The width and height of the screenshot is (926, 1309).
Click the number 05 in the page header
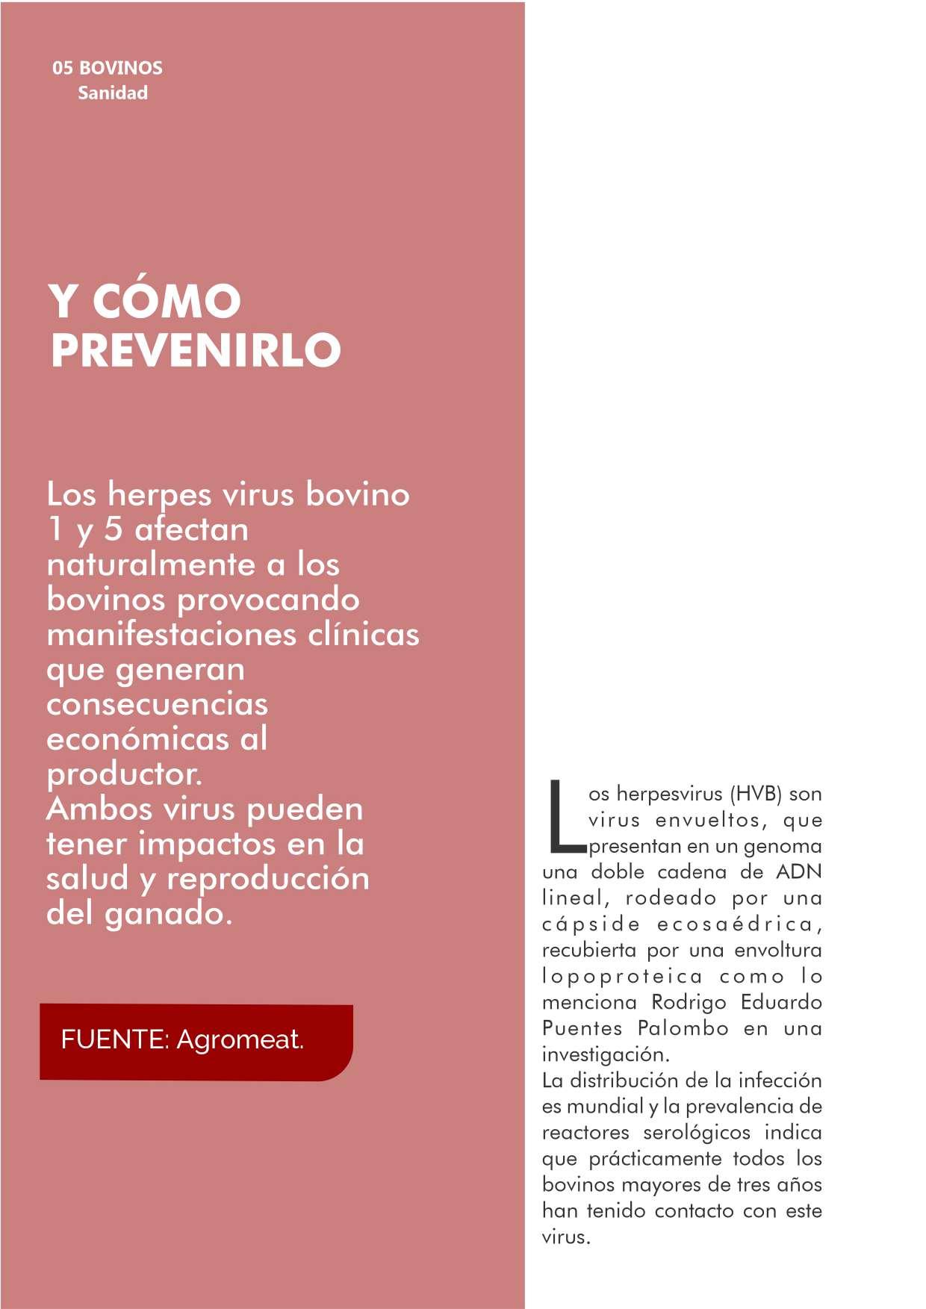point(62,68)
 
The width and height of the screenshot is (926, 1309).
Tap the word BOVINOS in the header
point(121,68)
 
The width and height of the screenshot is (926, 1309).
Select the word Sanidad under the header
point(113,93)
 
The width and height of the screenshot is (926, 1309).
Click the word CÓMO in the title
point(167,301)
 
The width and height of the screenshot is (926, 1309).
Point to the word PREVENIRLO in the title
point(196,349)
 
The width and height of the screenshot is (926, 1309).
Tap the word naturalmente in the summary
point(152,565)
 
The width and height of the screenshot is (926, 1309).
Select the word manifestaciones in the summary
point(170,635)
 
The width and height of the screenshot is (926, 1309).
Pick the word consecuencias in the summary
point(157,704)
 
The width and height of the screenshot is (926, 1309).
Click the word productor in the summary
point(124,774)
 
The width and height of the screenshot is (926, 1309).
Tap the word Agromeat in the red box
point(240,1039)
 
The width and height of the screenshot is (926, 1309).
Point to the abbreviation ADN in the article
point(799,872)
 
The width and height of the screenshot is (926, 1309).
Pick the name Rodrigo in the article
point(689,1002)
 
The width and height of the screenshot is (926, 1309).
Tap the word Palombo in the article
point(683,1028)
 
